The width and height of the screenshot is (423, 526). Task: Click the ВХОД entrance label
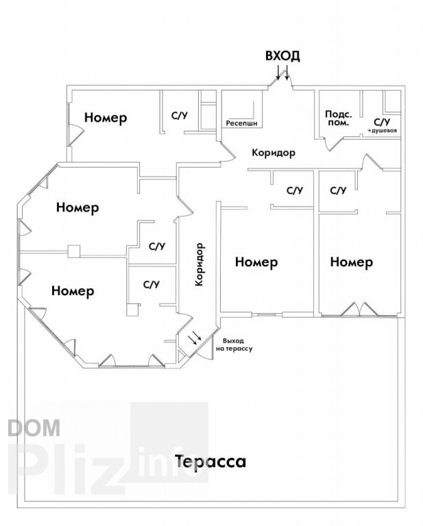[x=282, y=56]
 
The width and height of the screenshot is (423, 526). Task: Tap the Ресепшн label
[x=242, y=123]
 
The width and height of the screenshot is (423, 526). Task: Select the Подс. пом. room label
[x=339, y=118]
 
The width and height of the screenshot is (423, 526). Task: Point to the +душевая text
[x=383, y=130]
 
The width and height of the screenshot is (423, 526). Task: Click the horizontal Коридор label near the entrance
[x=274, y=153]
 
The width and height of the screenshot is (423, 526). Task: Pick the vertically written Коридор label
[x=200, y=264]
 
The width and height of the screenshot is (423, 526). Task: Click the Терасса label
[x=210, y=461]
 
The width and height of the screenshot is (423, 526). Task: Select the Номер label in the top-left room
[x=106, y=117]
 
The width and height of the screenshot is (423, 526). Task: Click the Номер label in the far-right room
[x=352, y=262]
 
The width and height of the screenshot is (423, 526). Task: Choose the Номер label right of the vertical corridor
[x=256, y=262]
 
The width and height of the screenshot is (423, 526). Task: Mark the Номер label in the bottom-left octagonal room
[x=73, y=290]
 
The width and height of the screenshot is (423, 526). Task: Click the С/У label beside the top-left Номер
[x=180, y=116]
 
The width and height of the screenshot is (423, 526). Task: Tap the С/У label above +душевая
[x=382, y=121]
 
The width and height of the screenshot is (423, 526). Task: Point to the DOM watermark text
[x=34, y=427]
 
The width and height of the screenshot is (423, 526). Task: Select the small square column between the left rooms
[x=74, y=251]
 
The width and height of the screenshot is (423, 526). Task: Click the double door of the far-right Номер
[x=359, y=310]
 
